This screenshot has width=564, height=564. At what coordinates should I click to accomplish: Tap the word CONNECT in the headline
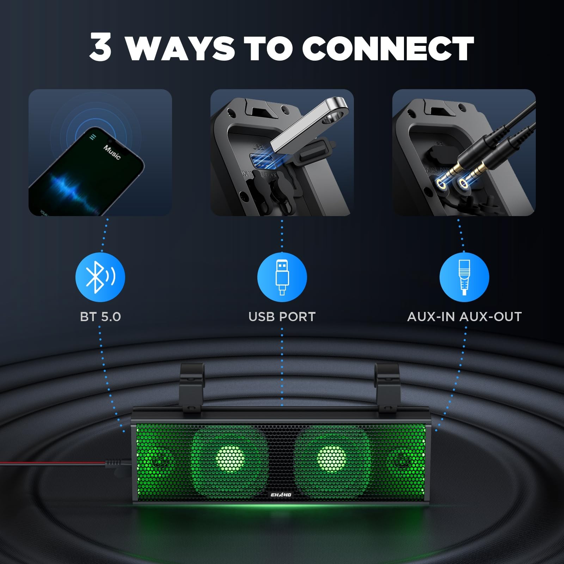[x=388, y=48]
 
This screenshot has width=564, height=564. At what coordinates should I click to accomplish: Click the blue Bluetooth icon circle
[x=100, y=277]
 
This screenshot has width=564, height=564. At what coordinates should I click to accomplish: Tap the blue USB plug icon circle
[x=282, y=277]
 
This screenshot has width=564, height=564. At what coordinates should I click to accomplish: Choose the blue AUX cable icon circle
[x=464, y=277]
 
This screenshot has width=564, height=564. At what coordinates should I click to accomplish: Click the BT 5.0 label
[x=100, y=317]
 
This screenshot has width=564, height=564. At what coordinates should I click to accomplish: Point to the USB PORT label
[x=282, y=317]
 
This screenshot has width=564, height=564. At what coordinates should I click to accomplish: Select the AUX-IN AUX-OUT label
[x=464, y=317]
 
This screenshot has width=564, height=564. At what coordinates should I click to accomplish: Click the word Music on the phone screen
[x=112, y=152]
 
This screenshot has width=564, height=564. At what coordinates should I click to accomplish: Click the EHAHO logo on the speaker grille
[x=281, y=495]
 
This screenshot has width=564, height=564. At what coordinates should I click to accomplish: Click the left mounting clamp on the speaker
[x=192, y=388]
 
